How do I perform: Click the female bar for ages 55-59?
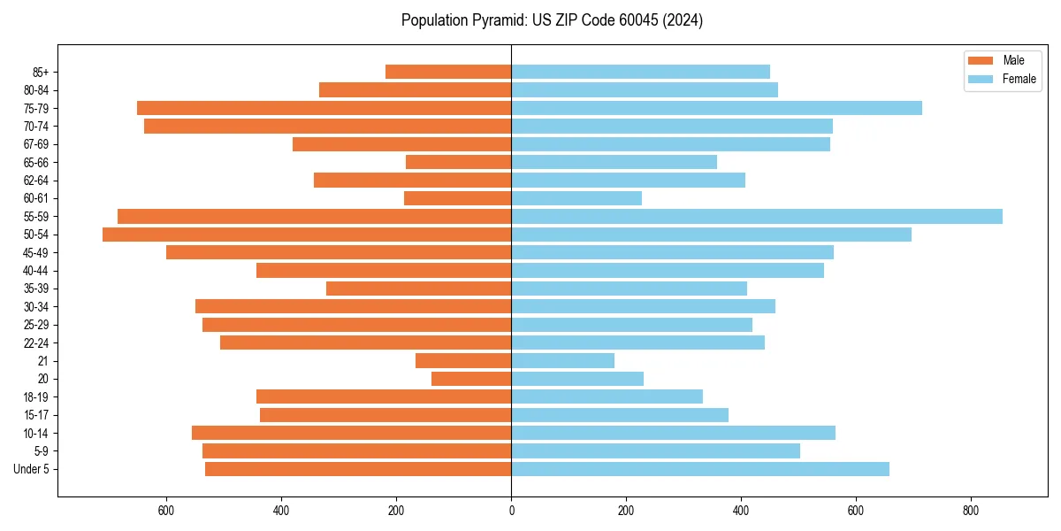(756, 216)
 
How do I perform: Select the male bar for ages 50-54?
(307, 235)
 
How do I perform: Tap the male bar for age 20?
(471, 379)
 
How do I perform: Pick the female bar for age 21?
(562, 361)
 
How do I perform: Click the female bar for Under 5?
(700, 469)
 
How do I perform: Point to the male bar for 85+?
(448, 72)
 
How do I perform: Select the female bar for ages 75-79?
(716, 108)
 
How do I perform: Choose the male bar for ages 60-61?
(457, 198)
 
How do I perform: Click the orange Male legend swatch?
(981, 60)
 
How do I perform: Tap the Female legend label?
(1019, 79)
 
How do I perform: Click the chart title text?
(552, 20)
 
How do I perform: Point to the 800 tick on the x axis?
(970, 511)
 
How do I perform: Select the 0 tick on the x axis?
(511, 511)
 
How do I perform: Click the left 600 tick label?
(166, 511)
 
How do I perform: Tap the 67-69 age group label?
(36, 144)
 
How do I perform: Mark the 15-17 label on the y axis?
(36, 415)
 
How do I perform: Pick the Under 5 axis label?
(31, 469)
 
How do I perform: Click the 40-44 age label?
(36, 271)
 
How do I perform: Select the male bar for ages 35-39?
(418, 289)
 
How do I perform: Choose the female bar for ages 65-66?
(614, 162)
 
